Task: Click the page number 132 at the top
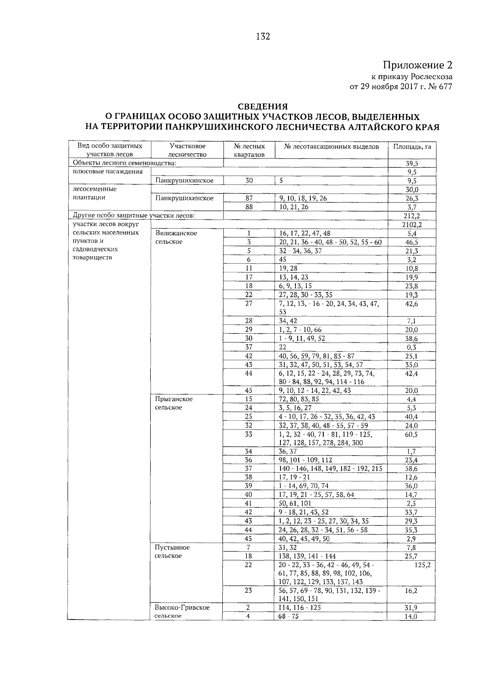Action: click(x=263, y=37)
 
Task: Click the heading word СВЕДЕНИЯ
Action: click(x=262, y=107)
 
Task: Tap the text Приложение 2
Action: click(x=418, y=65)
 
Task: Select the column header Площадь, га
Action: click(x=412, y=147)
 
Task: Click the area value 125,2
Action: click(x=422, y=565)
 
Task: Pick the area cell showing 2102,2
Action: click(x=412, y=224)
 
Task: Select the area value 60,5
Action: click(x=412, y=434)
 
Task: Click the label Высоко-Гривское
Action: click(x=182, y=607)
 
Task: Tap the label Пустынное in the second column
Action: click(x=172, y=548)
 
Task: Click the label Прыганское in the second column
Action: click(x=174, y=399)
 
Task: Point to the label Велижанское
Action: click(x=176, y=233)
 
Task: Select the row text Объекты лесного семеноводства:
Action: click(x=124, y=163)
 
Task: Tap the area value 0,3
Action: click(x=412, y=347)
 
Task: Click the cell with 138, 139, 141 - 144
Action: click(x=307, y=557)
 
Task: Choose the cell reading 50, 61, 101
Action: click(x=295, y=504)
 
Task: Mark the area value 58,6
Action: click(x=412, y=469)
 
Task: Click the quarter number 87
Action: click(x=249, y=198)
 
